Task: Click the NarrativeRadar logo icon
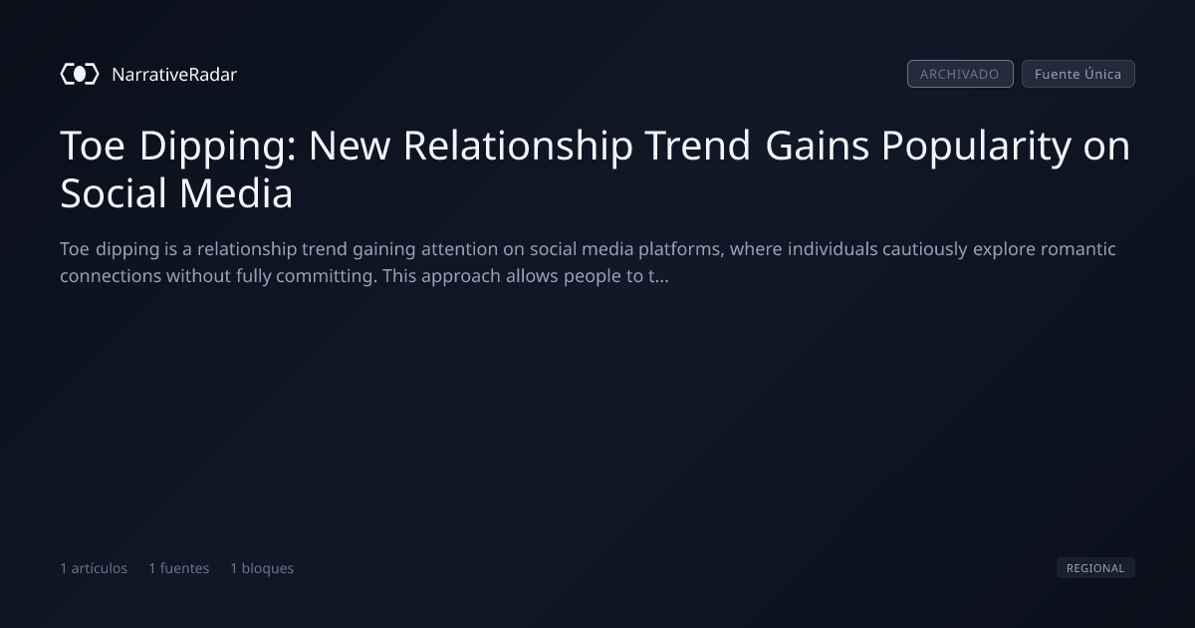pos(80,74)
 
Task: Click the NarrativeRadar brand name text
pos(174,75)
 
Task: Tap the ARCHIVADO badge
pos(960,74)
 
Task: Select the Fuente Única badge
pos(1078,74)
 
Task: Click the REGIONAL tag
pos(1095,567)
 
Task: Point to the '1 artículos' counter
pos(94,568)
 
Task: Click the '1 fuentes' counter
pos(178,568)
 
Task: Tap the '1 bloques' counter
pos(262,568)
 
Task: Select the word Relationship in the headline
pos(518,146)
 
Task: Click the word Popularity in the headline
pos(976,147)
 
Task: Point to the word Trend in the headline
pos(698,146)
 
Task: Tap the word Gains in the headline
pos(817,146)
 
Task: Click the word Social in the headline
pos(114,193)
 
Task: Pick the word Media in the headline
pos(236,193)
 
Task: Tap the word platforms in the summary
pos(681,249)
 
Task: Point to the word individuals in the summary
pos(833,249)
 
